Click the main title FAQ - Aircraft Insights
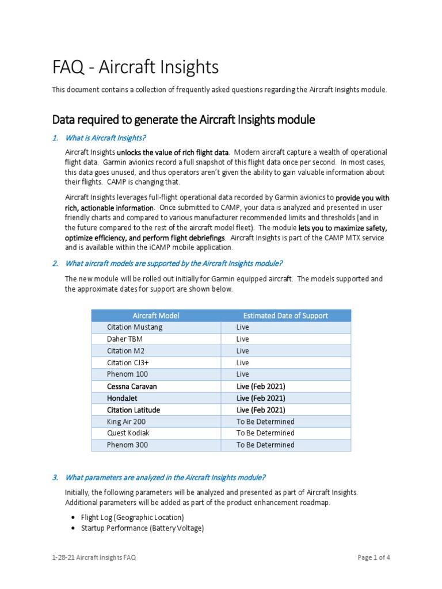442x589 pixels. pos(135,67)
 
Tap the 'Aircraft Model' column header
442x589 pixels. pos(155,315)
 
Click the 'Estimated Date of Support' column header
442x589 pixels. pos(285,315)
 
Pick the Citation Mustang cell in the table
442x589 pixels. pos(135,327)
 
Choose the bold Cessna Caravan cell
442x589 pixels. pos(132,387)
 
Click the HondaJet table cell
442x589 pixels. pos(124,398)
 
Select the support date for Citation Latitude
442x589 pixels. pos(261,410)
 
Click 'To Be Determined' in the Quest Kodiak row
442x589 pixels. pos(265,433)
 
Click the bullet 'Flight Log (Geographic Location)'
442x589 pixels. pos(132,517)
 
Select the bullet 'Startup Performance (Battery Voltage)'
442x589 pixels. pos(142,528)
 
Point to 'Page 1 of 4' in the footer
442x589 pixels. pos(374,557)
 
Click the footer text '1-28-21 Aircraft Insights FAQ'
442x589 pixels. pos(94,557)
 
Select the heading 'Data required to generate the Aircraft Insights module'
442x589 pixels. pos(184,120)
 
